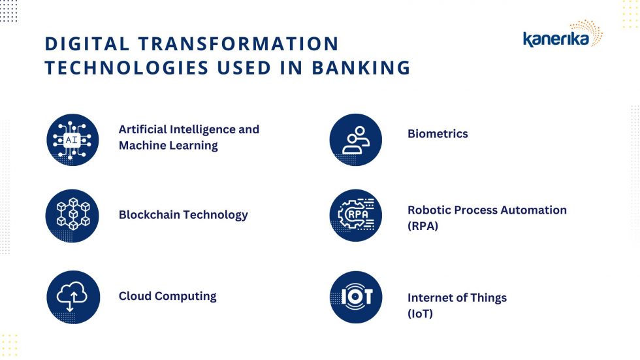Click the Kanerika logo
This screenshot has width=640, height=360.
[x=562, y=34]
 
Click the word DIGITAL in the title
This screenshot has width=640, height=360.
[x=87, y=44]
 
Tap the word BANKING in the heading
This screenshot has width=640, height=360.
[x=361, y=68]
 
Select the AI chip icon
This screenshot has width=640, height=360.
[x=72, y=140]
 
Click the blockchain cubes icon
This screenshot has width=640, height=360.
[x=72, y=216]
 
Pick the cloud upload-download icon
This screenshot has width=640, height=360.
[x=73, y=297]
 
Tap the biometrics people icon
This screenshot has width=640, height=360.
[x=355, y=140]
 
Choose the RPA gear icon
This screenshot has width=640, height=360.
[x=355, y=215]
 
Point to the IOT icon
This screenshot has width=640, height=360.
[x=355, y=297]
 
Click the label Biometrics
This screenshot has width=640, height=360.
[x=438, y=134]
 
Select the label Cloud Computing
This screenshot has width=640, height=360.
[x=167, y=297]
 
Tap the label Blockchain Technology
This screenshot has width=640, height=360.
[x=184, y=215]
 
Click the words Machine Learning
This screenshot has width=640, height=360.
[x=168, y=146]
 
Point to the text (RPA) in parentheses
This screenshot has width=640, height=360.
[x=423, y=225]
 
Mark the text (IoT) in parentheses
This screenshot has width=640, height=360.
[x=420, y=314]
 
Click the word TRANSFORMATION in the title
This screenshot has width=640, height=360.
[x=239, y=44]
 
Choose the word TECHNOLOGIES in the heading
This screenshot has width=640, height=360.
[x=127, y=68]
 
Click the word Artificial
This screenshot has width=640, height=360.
[x=142, y=129]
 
